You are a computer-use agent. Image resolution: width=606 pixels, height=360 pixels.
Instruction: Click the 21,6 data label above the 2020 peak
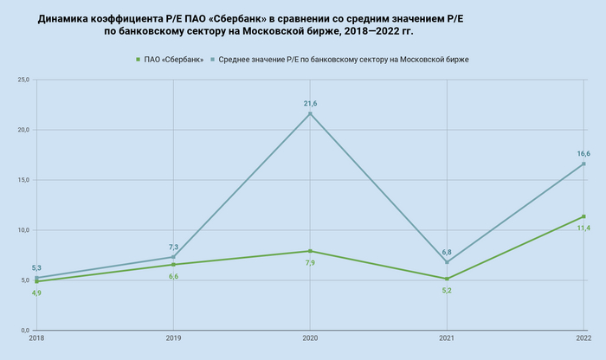point(310,104)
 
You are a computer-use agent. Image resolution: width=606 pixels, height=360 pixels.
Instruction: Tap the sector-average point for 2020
point(310,113)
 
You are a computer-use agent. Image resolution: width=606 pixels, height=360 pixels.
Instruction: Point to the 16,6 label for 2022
point(583,154)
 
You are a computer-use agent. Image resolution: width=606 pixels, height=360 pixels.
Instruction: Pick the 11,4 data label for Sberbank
point(583,228)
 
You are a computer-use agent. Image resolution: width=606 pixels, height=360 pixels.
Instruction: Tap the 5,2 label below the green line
point(447,290)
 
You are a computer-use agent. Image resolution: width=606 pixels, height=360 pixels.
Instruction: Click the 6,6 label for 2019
point(173,276)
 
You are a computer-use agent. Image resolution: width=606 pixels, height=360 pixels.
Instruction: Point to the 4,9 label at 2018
point(37,292)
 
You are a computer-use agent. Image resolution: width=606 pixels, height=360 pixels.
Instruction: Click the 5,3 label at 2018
point(37,268)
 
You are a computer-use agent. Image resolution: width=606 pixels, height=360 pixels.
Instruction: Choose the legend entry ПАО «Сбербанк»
point(174,59)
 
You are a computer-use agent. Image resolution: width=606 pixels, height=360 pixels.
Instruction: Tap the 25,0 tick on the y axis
point(23,80)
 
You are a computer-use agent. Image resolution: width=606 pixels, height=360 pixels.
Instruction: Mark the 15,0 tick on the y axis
point(23,180)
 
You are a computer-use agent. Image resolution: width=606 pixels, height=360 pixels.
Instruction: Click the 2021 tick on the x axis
point(447,337)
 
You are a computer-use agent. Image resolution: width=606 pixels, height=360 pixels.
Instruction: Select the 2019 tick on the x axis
point(173,337)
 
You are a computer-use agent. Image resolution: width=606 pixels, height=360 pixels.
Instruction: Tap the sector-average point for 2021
point(447,262)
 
